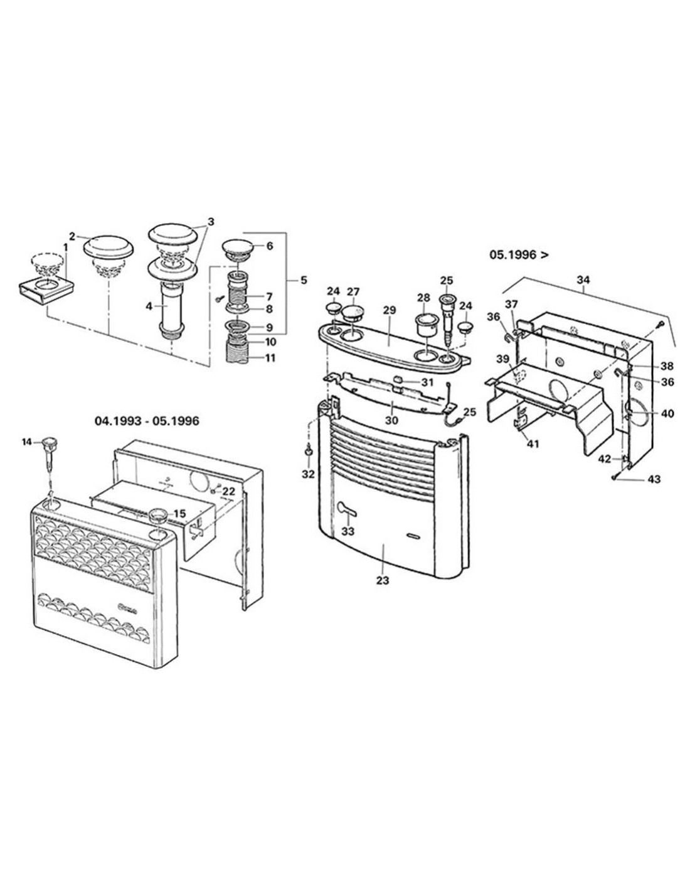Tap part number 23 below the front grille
(x=382, y=580)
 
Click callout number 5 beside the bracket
(x=304, y=280)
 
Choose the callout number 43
(x=654, y=479)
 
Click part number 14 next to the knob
(x=26, y=442)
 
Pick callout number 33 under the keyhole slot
(x=348, y=531)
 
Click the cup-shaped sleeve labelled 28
(x=425, y=325)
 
